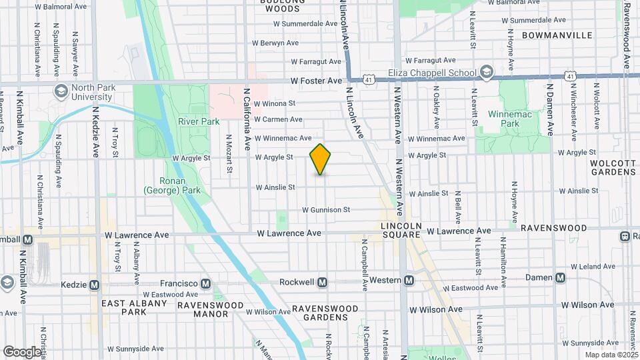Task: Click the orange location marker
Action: (x=321, y=159)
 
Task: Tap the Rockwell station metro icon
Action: (x=323, y=282)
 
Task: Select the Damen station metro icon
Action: (x=561, y=277)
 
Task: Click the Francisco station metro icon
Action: (x=205, y=283)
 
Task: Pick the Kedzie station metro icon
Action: (x=95, y=285)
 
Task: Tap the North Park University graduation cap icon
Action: (x=61, y=91)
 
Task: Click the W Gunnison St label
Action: (x=326, y=209)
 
